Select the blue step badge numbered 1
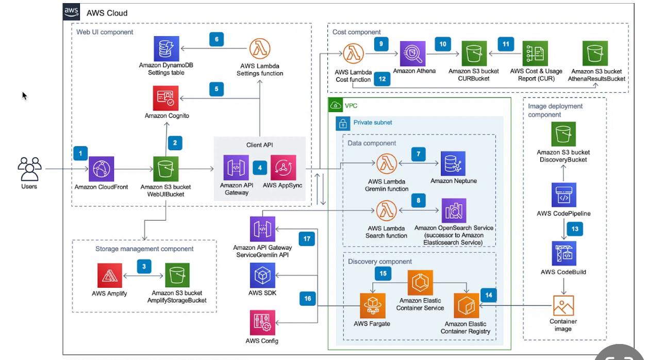point(80,153)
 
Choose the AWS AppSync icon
point(283,168)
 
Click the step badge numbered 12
point(383,79)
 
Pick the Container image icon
point(563,305)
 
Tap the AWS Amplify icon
point(110,275)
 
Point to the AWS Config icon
point(261,323)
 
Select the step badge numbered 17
point(307,239)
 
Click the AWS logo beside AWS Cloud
point(72,12)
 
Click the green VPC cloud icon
point(336,106)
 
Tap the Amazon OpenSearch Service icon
point(454,210)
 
